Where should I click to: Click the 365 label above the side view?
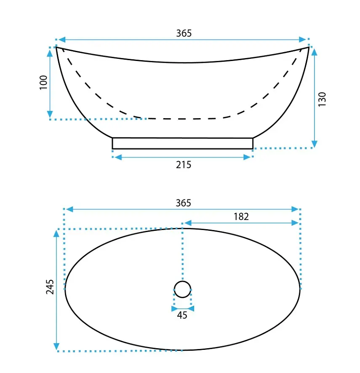184,33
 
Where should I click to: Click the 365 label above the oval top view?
183,203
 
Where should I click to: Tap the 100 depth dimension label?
43,82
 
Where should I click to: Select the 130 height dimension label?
322,99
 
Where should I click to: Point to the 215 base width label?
184,164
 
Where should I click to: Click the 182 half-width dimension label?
241,217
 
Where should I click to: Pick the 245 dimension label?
50,287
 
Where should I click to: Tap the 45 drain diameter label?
182,315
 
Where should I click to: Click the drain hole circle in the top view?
182,281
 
